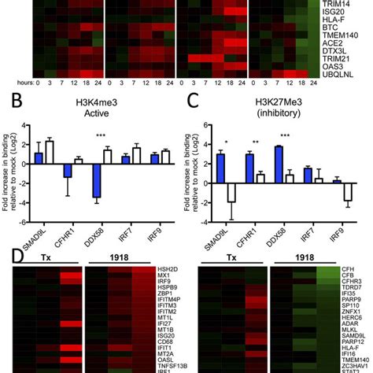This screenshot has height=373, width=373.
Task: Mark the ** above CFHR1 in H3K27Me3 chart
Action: point(256,126)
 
